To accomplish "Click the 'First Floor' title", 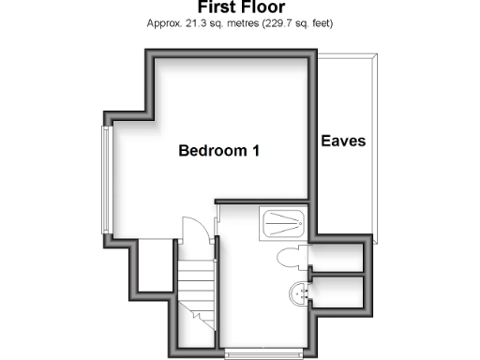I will pyautogui.click(x=240, y=7).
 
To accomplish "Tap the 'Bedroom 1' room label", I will pyautogui.click(x=219, y=151).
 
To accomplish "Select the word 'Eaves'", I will pyautogui.click(x=343, y=142).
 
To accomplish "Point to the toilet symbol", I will pyautogui.click(x=290, y=259).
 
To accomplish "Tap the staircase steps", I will pyautogui.click(x=197, y=282).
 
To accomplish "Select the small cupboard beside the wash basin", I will pyautogui.click(x=340, y=291).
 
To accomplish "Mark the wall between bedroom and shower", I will pyautogui.click(x=262, y=201).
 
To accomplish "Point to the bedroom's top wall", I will pyautogui.click(x=230, y=52).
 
